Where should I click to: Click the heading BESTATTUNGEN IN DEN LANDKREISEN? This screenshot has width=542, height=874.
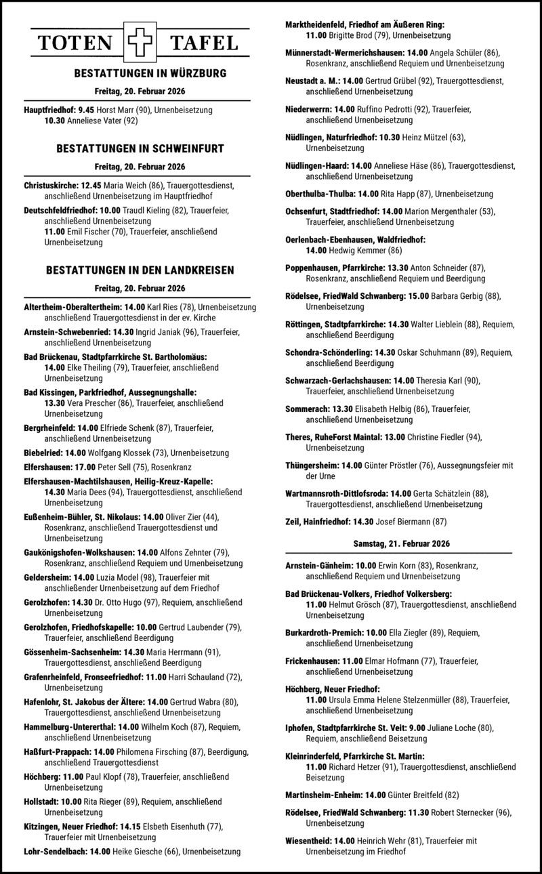coord(140,270)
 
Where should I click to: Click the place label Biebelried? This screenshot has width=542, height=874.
coord(44,453)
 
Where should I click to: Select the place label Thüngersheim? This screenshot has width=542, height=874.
coord(312,465)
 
